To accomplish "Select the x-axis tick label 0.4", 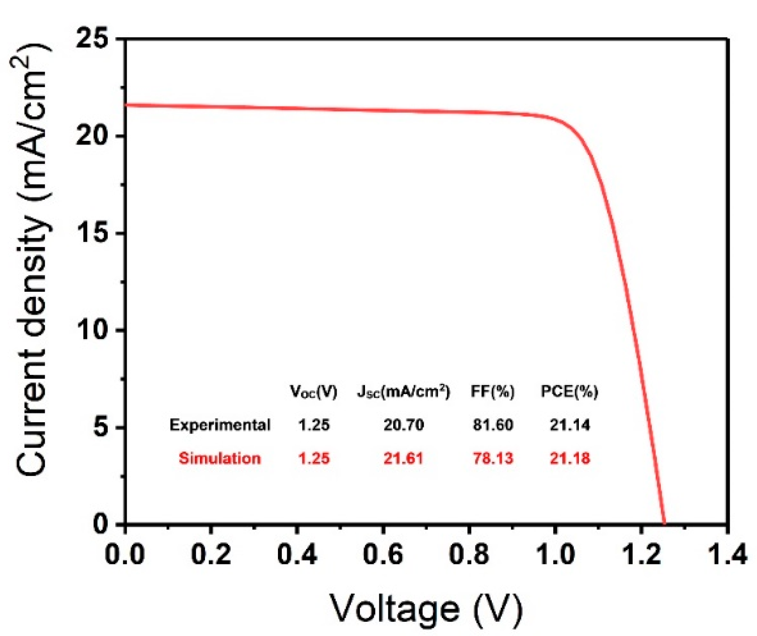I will click(x=297, y=554).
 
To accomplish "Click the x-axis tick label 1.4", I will click(x=727, y=554).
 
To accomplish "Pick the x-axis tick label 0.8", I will click(x=469, y=554).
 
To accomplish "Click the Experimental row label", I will click(x=220, y=425).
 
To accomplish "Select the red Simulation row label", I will click(x=220, y=458).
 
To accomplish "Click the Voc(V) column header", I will click(x=314, y=392).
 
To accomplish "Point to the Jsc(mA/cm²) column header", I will click(x=403, y=392).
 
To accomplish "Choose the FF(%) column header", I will click(x=493, y=392).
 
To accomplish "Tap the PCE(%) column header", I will click(x=569, y=392).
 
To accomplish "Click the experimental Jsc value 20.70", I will click(x=403, y=425).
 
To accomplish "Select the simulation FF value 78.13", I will click(x=493, y=458).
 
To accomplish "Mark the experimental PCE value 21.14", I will click(x=569, y=425).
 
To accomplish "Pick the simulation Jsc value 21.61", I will click(x=403, y=458).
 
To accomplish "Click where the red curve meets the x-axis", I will click(x=664, y=523).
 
